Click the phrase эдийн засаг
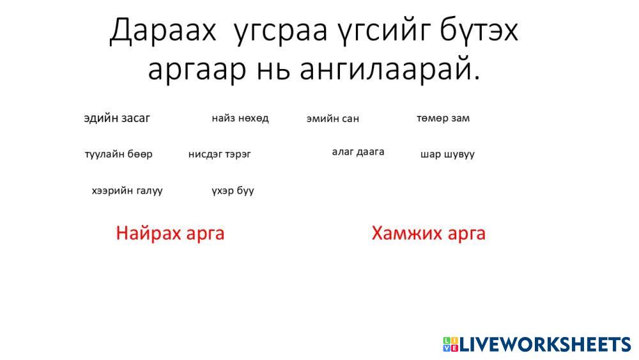click(117, 118)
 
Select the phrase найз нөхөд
click(240, 118)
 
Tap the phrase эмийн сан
click(332, 119)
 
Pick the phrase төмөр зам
click(443, 118)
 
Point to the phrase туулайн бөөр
click(119, 154)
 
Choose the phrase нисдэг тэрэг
click(219, 154)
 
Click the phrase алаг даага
click(358, 152)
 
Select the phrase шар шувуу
click(447, 154)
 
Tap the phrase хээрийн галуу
click(127, 191)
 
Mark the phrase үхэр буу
click(233, 191)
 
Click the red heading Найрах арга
click(170, 233)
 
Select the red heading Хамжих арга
click(428, 233)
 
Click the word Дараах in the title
click(162, 31)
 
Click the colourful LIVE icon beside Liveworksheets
click(450, 345)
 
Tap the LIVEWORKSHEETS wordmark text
click(546, 345)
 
